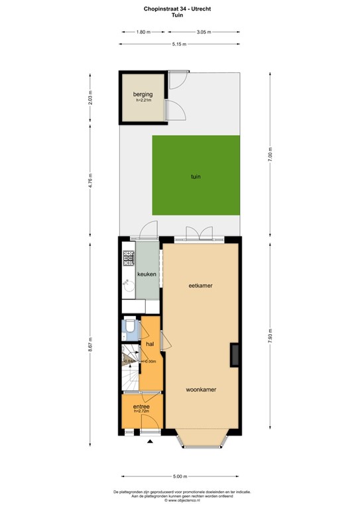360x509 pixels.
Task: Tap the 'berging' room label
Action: (x=143, y=95)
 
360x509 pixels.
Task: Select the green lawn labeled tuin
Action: (x=196, y=176)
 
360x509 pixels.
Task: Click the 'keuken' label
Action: (x=146, y=273)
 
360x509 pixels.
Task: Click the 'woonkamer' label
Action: (x=203, y=389)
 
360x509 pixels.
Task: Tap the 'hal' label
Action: (x=150, y=344)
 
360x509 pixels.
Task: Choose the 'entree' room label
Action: (x=141, y=406)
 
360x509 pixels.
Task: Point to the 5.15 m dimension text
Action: (x=178, y=44)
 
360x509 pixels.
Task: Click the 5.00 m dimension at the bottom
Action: (x=180, y=476)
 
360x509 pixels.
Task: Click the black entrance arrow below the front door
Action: (x=150, y=441)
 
